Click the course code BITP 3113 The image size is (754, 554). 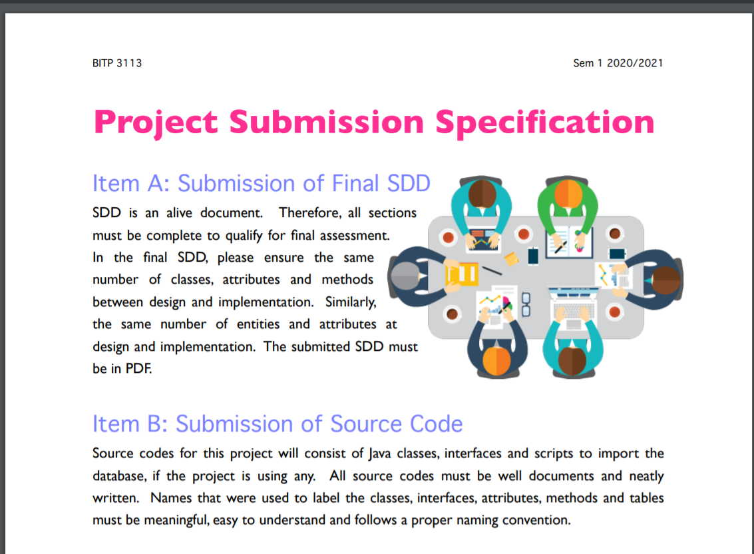coord(117,63)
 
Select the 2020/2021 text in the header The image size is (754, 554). coord(635,63)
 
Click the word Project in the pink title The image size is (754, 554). coord(156,123)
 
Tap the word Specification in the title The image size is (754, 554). coord(545,123)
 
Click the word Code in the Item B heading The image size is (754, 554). coord(436,424)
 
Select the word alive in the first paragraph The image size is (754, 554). coord(179,212)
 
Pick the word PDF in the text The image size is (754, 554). coord(138,369)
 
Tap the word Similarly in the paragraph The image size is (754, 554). coord(351,302)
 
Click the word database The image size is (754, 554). coord(119,476)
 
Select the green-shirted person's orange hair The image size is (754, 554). coord(568,194)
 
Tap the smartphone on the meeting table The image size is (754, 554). coord(533,256)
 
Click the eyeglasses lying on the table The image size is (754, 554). coord(526,305)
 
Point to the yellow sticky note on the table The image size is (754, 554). coord(511,259)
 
